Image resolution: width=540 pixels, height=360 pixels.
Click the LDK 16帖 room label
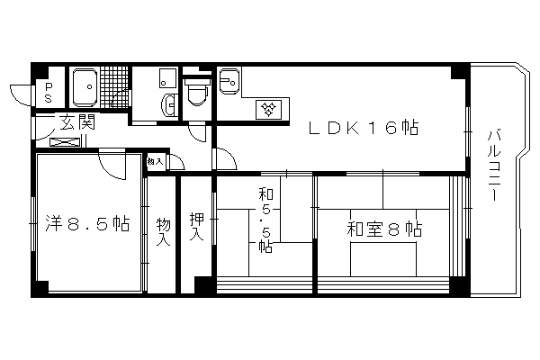[364, 128]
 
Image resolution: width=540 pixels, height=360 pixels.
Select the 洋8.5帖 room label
[87, 223]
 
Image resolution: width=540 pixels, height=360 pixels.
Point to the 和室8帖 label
[384, 229]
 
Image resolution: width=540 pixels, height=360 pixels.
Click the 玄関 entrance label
[76, 122]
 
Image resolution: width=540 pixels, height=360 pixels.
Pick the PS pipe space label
[49, 93]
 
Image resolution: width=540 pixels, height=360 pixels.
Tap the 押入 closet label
[196, 226]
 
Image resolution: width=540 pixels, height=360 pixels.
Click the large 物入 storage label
[163, 231]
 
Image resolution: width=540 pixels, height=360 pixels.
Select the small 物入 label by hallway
[155, 161]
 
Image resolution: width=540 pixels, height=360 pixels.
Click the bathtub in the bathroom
[85, 87]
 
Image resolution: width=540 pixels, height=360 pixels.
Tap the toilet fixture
[197, 92]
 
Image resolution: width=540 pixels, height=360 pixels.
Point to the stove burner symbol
[268, 110]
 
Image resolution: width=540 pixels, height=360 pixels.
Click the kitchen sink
[229, 81]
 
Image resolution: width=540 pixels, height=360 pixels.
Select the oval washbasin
[169, 104]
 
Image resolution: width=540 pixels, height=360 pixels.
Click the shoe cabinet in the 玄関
[66, 141]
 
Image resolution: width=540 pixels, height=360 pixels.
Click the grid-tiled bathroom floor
[114, 87]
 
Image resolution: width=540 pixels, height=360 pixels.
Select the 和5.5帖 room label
[265, 220]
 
